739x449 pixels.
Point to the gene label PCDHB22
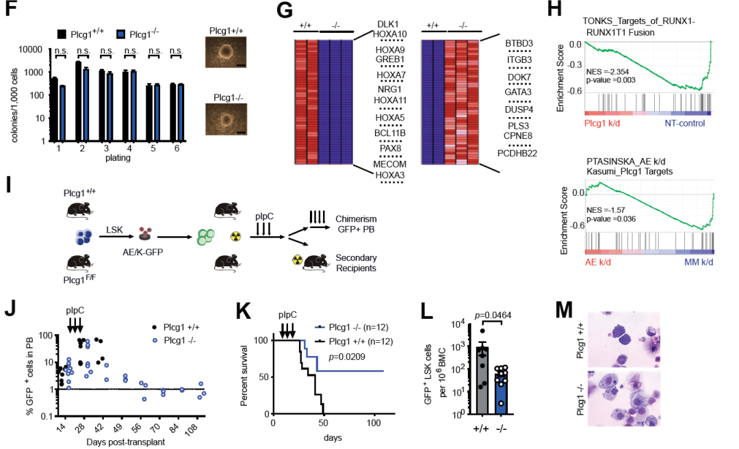(x=518, y=153)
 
